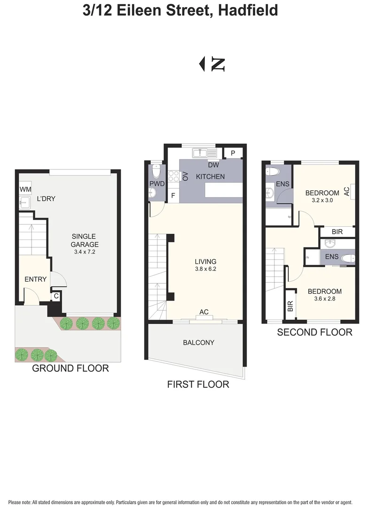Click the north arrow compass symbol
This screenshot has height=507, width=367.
point(212,64)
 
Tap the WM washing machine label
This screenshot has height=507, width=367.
point(25,189)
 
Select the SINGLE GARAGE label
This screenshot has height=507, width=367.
point(85,240)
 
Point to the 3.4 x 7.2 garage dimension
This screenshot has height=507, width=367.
point(85,252)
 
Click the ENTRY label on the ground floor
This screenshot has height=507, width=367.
point(36,279)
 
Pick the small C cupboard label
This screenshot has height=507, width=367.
point(56,296)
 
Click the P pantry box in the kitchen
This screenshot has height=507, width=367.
point(233,153)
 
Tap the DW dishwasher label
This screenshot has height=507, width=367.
point(213,165)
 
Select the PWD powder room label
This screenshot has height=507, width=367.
point(157,184)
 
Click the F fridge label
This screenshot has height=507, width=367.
point(172,195)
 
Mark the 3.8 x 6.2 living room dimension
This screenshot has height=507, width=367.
point(206,269)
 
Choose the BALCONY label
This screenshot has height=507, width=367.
point(199,343)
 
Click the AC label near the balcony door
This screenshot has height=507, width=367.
point(204,312)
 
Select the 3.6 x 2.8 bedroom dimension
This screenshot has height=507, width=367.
point(324,299)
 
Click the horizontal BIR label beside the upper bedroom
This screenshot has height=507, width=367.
point(337,232)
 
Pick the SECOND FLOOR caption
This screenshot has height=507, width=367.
point(314,332)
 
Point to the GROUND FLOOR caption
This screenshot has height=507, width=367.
point(70,369)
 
